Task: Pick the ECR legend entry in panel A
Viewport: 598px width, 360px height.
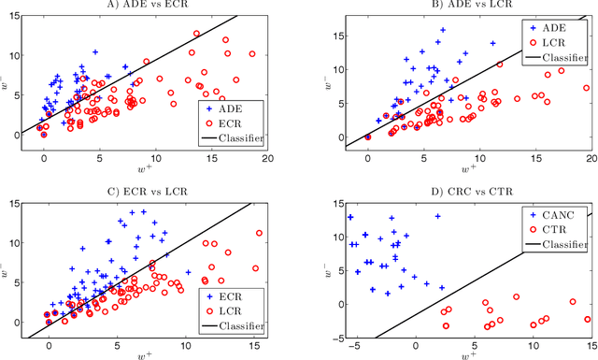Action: coord(231,123)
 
